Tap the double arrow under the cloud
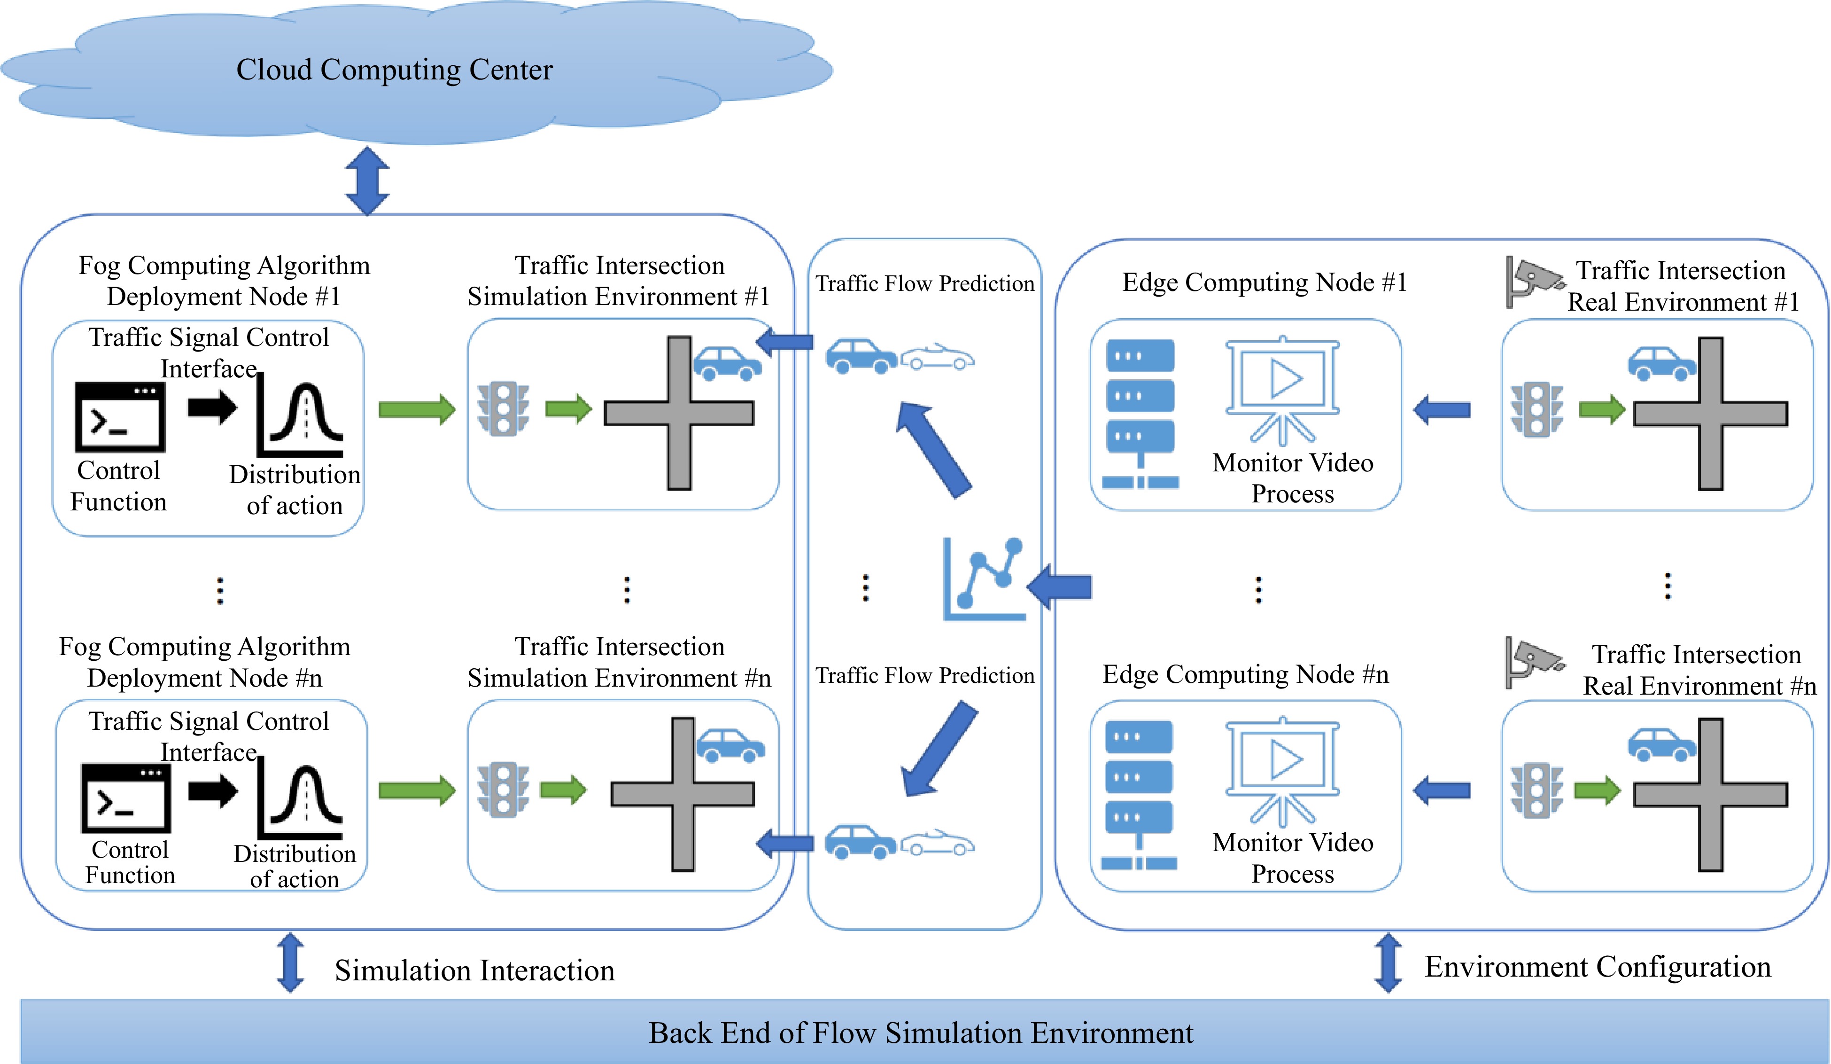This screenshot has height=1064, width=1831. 367,181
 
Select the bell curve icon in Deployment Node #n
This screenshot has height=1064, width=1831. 300,797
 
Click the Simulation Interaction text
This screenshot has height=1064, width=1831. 474,970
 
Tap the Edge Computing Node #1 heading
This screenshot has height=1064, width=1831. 1264,282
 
